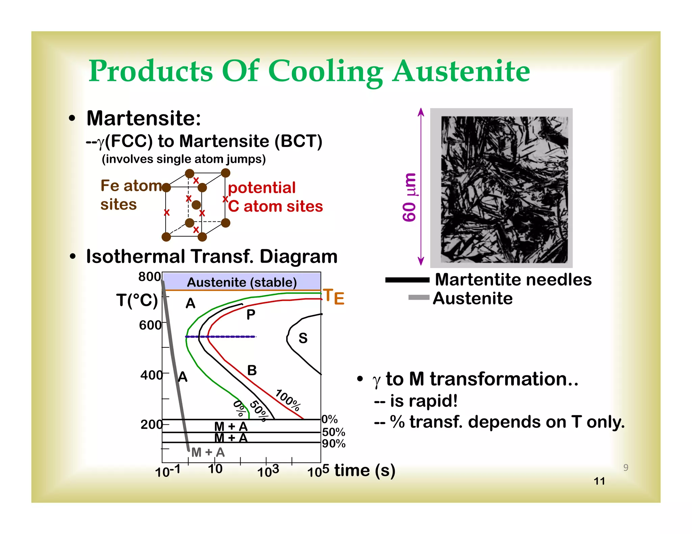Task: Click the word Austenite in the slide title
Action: tap(461, 72)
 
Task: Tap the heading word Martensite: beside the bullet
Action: tap(144, 118)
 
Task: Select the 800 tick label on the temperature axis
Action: tap(150, 277)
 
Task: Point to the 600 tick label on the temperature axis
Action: tap(150, 325)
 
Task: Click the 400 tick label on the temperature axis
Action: tap(151, 375)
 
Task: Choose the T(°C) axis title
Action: tap(137, 300)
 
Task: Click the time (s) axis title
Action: tap(365, 470)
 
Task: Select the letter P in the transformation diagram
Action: tap(251, 315)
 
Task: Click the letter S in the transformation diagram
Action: tap(303, 338)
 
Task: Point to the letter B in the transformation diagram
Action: tap(252, 371)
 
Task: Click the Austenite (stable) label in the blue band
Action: tap(242, 282)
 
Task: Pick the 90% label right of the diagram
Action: tap(334, 444)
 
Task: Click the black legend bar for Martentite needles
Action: tap(407, 280)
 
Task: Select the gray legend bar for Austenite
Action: tap(419, 297)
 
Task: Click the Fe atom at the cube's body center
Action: tap(196, 205)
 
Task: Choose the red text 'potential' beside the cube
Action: tap(262, 188)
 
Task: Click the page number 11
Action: tap(599, 481)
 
